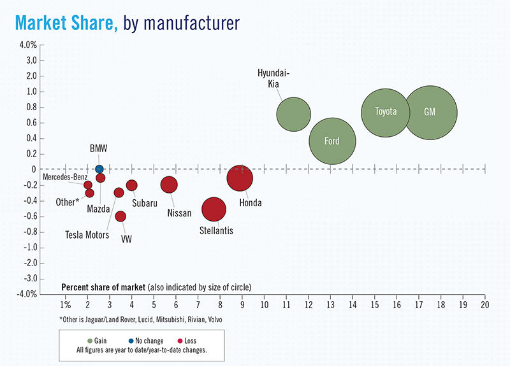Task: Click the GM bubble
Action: click(x=430, y=112)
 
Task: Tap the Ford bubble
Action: click(x=332, y=141)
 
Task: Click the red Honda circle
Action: click(x=240, y=178)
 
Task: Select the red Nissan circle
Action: click(x=169, y=185)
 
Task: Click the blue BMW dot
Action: click(x=99, y=169)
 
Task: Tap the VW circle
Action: click(x=120, y=216)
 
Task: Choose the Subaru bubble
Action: click(x=132, y=185)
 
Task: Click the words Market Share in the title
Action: click(x=66, y=23)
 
